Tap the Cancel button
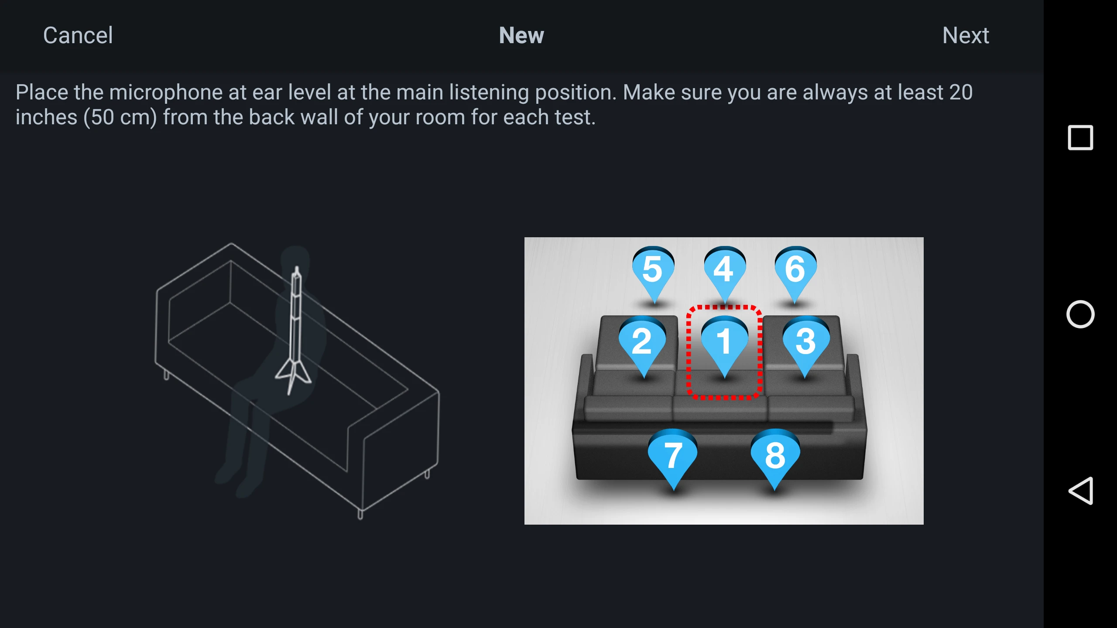tap(78, 35)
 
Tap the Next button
tap(966, 35)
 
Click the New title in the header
tap(521, 35)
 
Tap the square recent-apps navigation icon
tap(1080, 138)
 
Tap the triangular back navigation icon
tap(1081, 491)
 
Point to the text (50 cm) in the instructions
tap(120, 117)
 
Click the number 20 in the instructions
tap(961, 92)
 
